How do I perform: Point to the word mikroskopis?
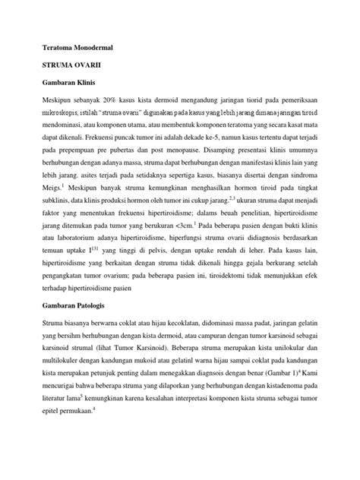[x=50, y=115]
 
